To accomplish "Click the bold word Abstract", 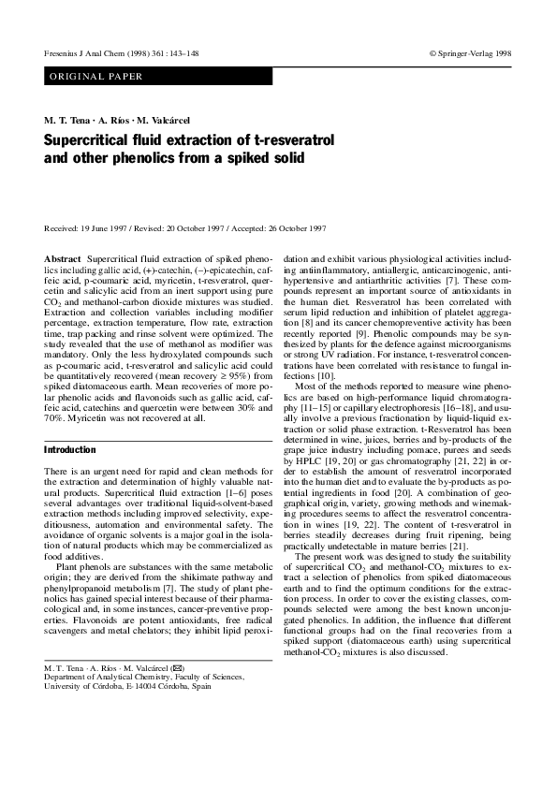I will point(63,256).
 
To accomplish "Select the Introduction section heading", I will point(70,450).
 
